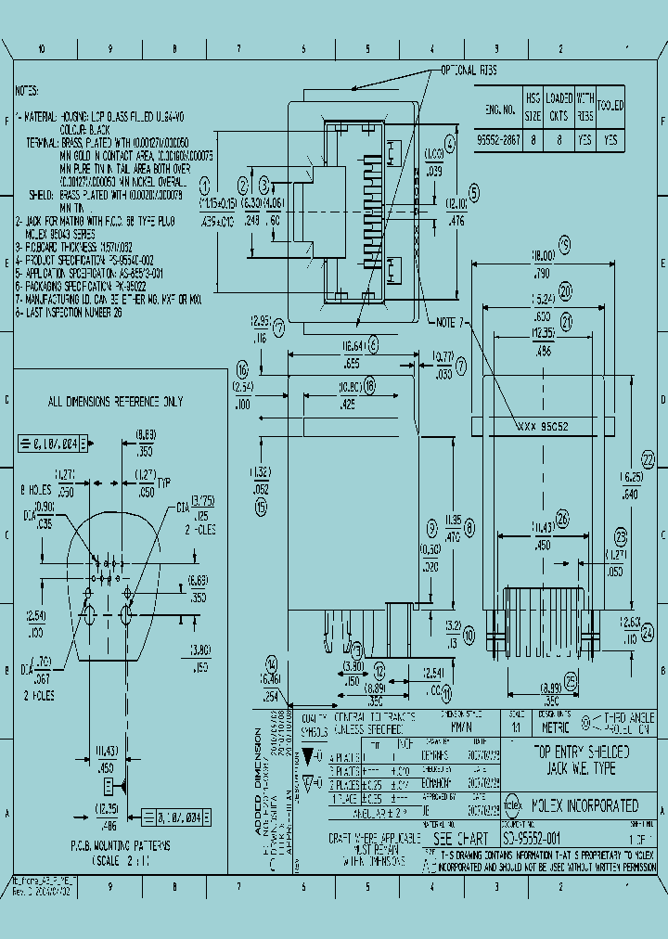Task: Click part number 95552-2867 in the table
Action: pos(496,139)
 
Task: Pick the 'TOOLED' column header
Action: pos(610,107)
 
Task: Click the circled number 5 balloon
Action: pos(474,193)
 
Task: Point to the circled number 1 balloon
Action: pos(206,182)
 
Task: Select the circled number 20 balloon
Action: pos(565,289)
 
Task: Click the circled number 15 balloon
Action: pos(261,507)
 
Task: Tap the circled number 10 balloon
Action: pos(469,635)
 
